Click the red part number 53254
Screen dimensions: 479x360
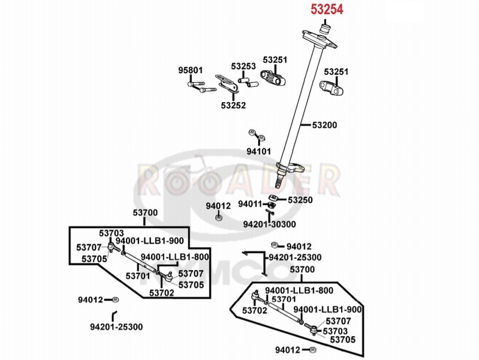click(327, 9)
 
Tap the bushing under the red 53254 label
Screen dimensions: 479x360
click(326, 29)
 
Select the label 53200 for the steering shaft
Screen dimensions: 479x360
click(324, 125)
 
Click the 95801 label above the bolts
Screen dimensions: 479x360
click(190, 70)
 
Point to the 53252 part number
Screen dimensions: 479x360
click(233, 105)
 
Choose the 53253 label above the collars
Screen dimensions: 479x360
click(243, 67)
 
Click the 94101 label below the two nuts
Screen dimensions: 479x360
click(259, 151)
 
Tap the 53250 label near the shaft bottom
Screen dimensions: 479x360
click(300, 200)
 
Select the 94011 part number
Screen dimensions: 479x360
click(250, 204)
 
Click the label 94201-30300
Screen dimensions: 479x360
click(269, 224)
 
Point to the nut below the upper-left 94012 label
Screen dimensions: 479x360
click(218, 218)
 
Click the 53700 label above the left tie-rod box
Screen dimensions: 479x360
click(145, 212)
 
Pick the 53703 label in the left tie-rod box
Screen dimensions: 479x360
click(111, 233)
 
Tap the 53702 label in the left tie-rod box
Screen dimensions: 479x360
click(162, 293)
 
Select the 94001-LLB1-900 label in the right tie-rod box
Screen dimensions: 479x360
click(327, 310)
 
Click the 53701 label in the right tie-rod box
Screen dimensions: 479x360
click(284, 299)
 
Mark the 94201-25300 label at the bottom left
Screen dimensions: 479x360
click(116, 327)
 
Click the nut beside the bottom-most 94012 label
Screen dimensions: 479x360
click(312, 350)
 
